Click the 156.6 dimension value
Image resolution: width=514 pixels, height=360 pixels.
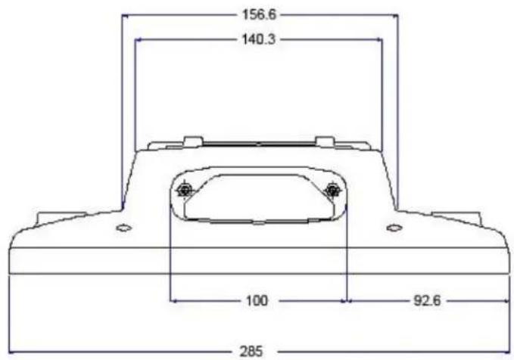pyautogui.click(x=259, y=14)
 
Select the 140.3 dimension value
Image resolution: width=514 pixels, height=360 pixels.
pyautogui.click(x=259, y=39)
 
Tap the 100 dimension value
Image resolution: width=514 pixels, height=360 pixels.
pyautogui.click(x=257, y=300)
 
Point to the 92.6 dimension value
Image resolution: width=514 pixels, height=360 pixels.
pyautogui.click(x=428, y=300)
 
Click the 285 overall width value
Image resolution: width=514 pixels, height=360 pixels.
pyautogui.click(x=251, y=352)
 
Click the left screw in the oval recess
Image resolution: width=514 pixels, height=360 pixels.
pyautogui.click(x=184, y=190)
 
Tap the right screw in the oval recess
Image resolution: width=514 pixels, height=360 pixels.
pyautogui.click(x=333, y=190)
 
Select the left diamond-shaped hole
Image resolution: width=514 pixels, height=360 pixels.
pyautogui.click(x=124, y=228)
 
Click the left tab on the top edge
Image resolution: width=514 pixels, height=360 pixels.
pyautogui.click(x=193, y=141)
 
